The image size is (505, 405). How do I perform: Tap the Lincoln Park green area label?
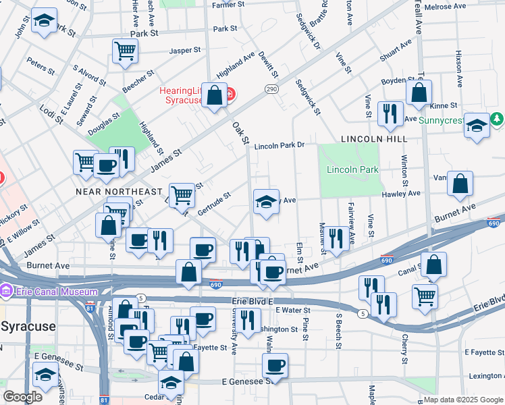point(352,169)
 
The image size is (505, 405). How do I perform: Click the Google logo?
point(22,397)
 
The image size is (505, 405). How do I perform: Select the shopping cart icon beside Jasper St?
point(126,51)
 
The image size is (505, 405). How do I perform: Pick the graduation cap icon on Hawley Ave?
point(266,201)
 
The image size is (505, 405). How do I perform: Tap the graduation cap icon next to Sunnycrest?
point(477,125)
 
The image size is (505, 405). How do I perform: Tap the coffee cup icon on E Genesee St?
point(275,366)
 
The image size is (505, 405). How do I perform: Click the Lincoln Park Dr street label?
point(280,145)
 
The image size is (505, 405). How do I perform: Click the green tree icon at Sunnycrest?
point(498,119)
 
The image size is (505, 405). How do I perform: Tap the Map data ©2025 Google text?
point(463,400)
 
